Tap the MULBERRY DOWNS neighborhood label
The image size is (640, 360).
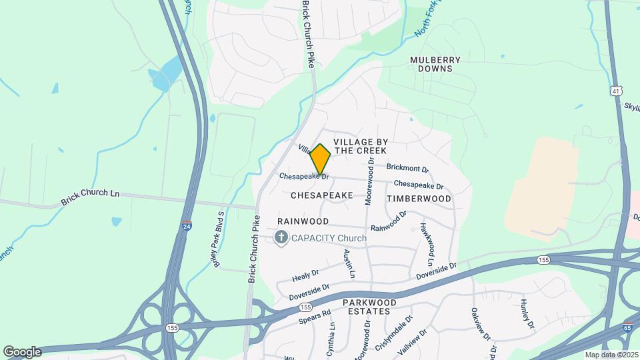[x=435, y=64]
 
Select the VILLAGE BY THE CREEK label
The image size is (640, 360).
[x=360, y=147]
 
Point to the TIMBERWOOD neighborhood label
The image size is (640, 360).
[x=419, y=199]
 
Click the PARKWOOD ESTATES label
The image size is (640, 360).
[x=370, y=307]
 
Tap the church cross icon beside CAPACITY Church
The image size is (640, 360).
[x=281, y=238]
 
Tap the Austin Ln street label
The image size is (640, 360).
[x=348, y=264]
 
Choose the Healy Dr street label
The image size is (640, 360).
[x=306, y=275]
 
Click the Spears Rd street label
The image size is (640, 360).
[x=315, y=317]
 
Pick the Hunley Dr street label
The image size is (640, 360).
[x=527, y=314]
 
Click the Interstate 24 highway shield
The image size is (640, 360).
[x=187, y=227]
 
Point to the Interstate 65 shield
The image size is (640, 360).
[x=627, y=328]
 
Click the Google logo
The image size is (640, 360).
[x=22, y=351]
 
